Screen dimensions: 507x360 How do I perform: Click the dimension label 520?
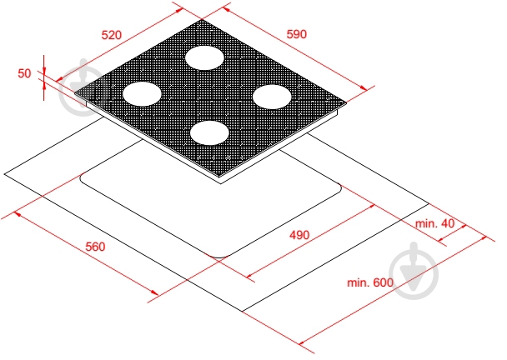point(112,35)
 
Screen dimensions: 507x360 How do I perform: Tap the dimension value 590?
point(297,34)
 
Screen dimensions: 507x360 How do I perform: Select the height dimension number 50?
point(24,73)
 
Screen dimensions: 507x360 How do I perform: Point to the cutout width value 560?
point(95,247)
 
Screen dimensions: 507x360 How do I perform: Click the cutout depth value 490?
point(299,235)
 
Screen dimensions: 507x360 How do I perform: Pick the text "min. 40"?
point(435,223)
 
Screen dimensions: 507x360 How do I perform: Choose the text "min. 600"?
point(370,282)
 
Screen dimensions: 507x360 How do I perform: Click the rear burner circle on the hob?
point(204,57)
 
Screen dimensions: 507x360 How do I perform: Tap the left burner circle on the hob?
point(142,93)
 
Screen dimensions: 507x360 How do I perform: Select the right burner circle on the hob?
point(272,97)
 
